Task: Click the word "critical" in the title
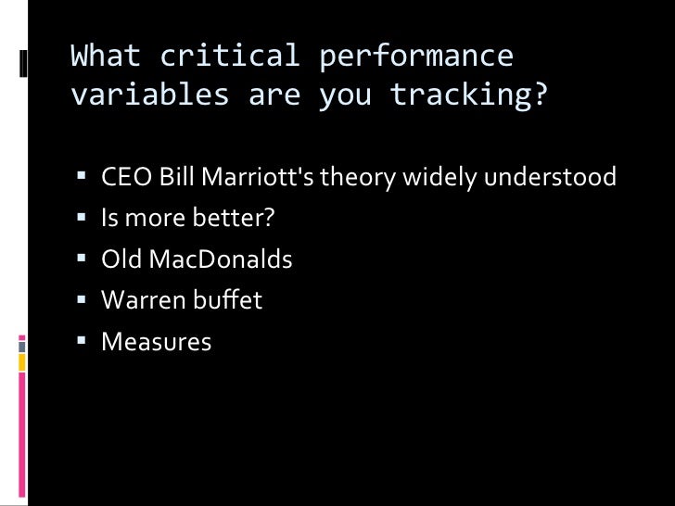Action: pos(230,57)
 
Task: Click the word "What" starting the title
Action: pos(106,57)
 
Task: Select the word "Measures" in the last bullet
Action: pos(156,342)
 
